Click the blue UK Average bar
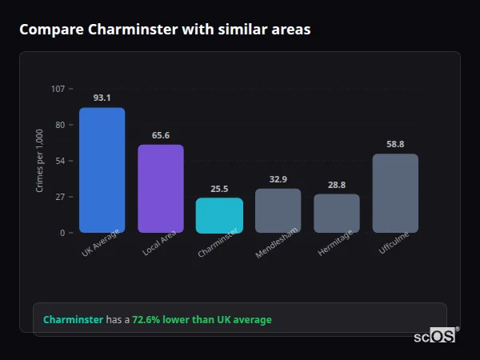tap(102, 170)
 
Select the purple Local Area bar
tap(161, 188)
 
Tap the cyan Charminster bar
tap(219, 215)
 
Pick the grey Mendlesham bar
tap(278, 210)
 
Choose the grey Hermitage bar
tap(337, 213)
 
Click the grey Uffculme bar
tap(395, 193)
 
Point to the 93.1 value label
tap(102, 98)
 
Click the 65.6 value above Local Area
tap(161, 135)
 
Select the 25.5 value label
tap(219, 190)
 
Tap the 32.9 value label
tap(278, 179)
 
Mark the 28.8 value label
tap(337, 185)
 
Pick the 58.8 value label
tap(395, 145)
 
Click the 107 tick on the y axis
tap(58, 89)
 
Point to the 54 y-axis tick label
tap(59, 161)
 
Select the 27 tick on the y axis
tap(59, 197)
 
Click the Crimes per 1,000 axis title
tap(40, 160)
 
